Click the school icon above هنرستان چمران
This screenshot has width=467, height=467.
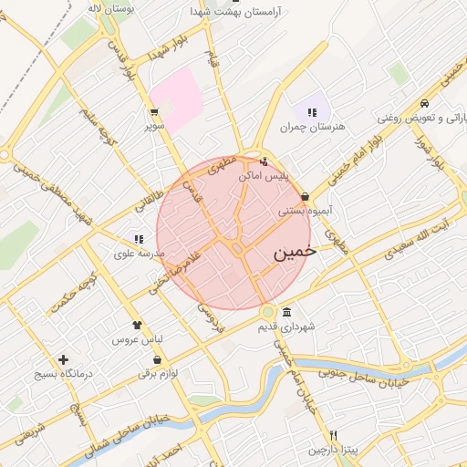(312, 112)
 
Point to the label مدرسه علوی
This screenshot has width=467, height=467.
(138, 252)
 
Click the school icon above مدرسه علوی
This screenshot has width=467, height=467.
(139, 238)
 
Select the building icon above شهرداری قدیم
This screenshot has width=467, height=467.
(287, 312)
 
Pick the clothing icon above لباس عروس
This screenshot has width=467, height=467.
(138, 324)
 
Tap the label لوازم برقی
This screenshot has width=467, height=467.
(158, 373)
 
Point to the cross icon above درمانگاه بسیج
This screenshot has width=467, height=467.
(63, 359)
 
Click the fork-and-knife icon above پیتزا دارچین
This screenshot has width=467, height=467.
(334, 436)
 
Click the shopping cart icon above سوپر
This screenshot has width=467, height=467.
(153, 113)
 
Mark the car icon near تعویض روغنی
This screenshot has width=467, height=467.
(425, 103)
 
